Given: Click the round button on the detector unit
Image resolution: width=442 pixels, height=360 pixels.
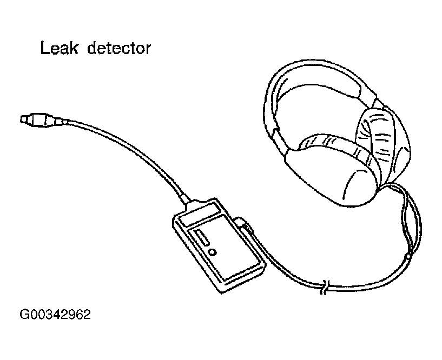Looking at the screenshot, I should tap(212, 252).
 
